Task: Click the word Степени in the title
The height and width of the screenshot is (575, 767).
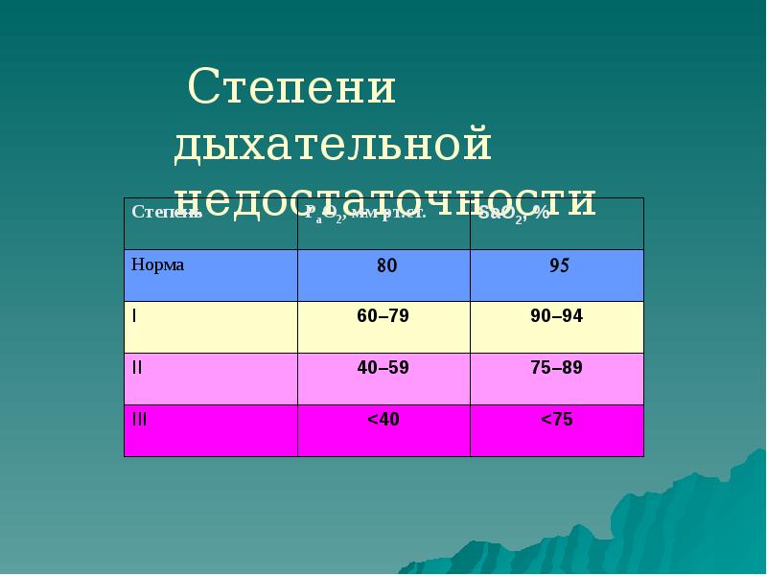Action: pyautogui.click(x=292, y=89)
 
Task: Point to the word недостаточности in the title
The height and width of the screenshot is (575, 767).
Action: pyautogui.click(x=386, y=199)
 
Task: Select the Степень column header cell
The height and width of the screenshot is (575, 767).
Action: pyautogui.click(x=167, y=212)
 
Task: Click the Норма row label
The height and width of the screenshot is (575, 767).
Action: pyautogui.click(x=157, y=264)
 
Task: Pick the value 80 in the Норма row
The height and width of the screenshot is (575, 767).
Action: pyautogui.click(x=386, y=267)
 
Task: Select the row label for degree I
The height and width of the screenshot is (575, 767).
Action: pyautogui.click(x=134, y=315)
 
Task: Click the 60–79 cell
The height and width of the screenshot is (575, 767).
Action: pyautogui.click(x=383, y=316)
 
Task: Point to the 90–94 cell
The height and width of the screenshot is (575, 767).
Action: pyautogui.click(x=556, y=316)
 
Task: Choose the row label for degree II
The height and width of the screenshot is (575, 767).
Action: pyautogui.click(x=136, y=367)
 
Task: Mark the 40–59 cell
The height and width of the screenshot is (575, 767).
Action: pyautogui.click(x=383, y=367)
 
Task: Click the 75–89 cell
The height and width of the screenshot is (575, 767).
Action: pyautogui.click(x=556, y=367)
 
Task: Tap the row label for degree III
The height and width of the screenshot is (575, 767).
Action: pyautogui.click(x=139, y=419)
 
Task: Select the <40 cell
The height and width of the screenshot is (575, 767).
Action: pyautogui.click(x=383, y=419)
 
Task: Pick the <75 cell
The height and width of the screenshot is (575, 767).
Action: pyautogui.click(x=556, y=419)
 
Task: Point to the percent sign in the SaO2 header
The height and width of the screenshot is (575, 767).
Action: pyautogui.click(x=543, y=213)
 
